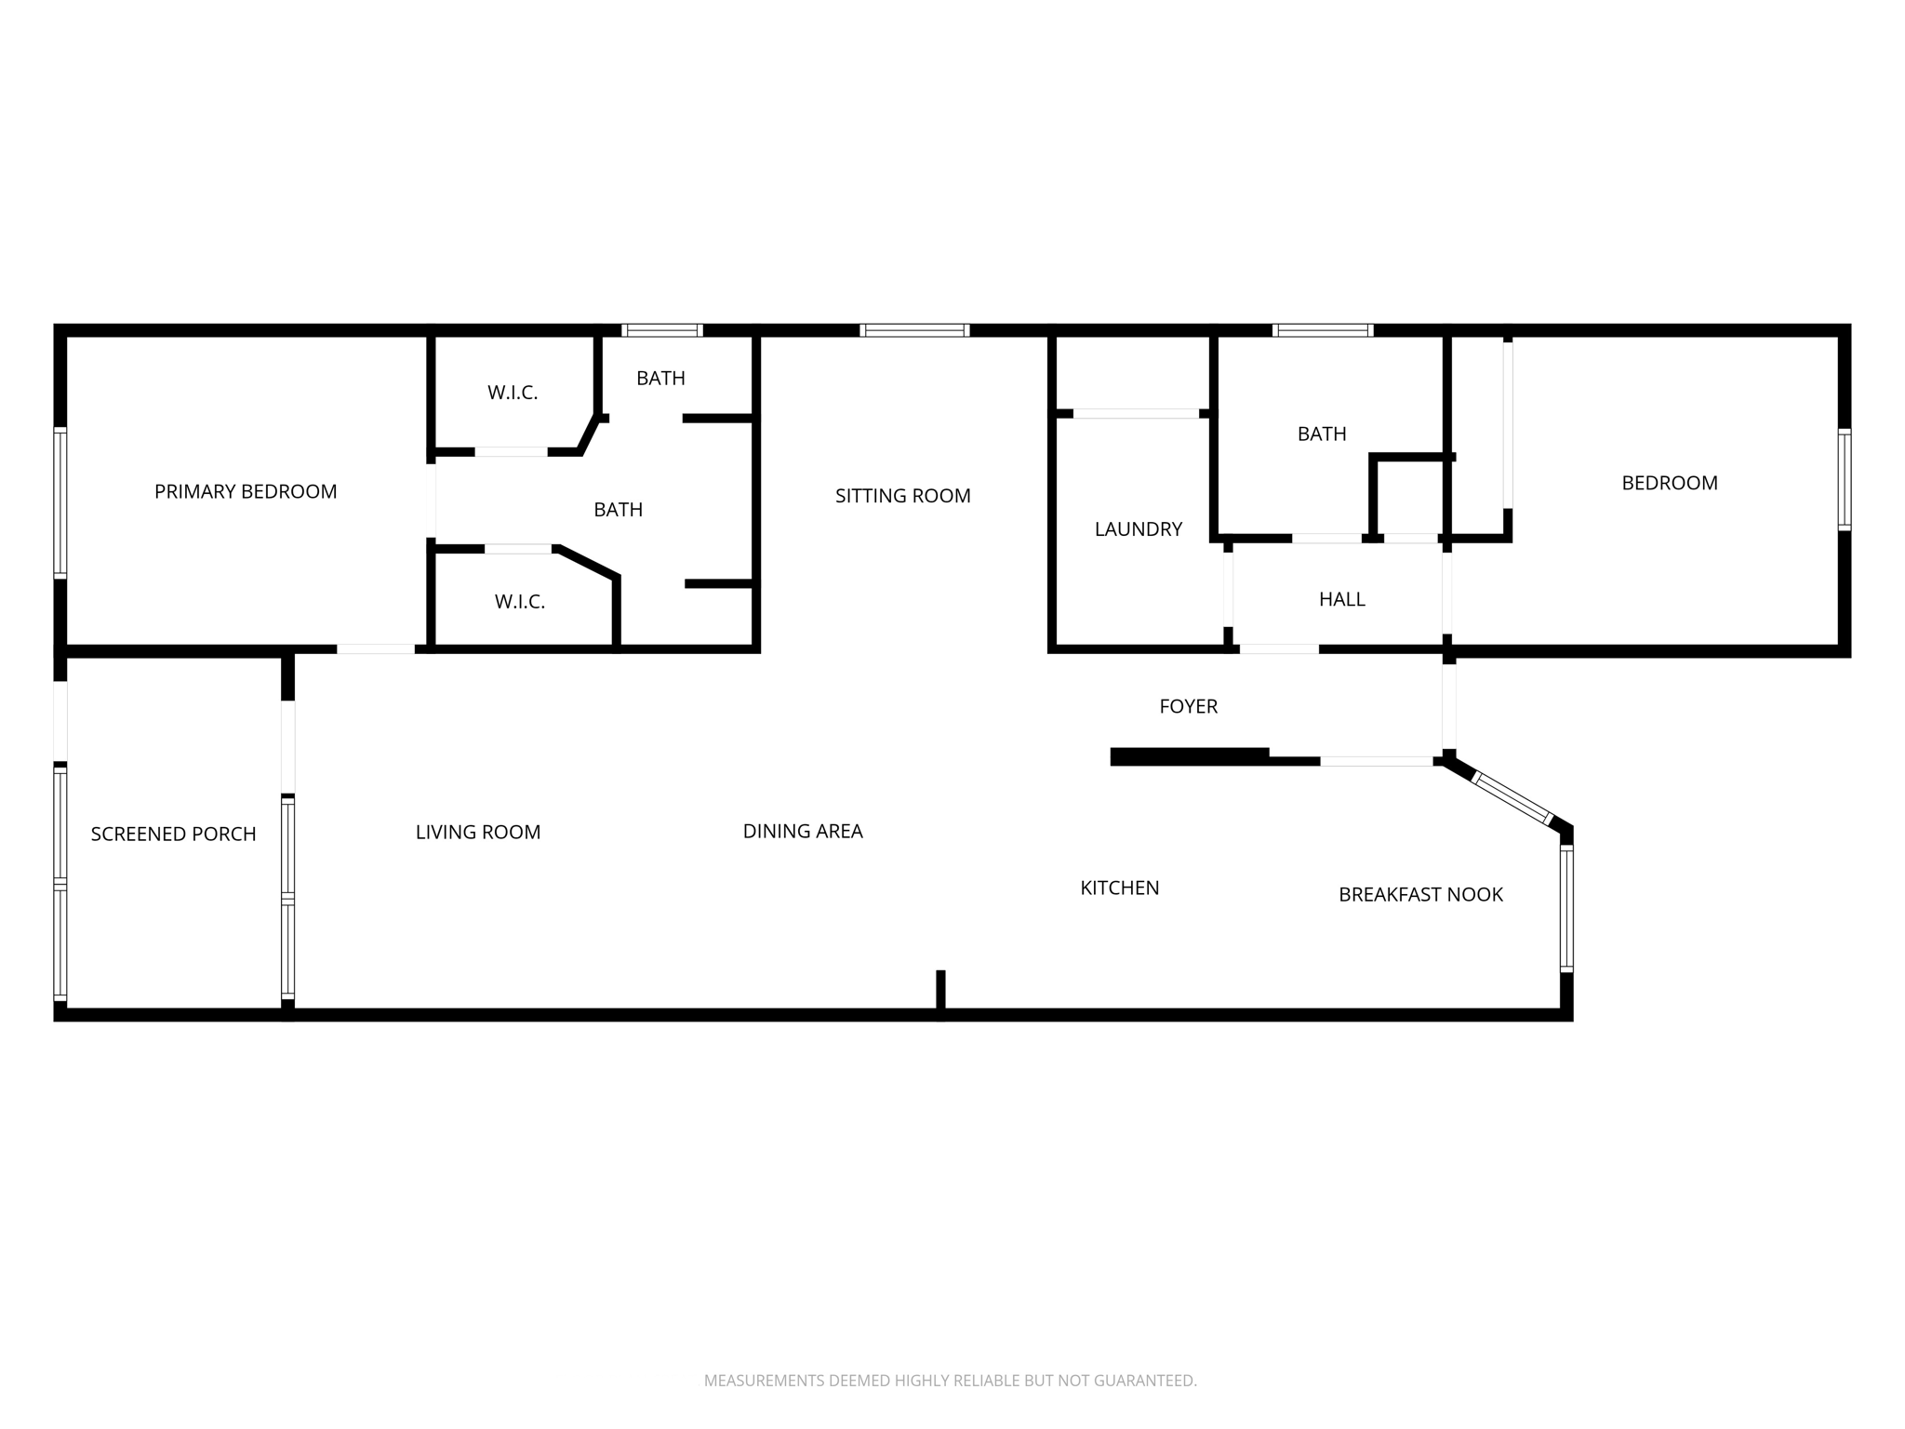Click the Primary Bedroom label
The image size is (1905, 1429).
pos(246,491)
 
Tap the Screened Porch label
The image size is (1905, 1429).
pos(173,834)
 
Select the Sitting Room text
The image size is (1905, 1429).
pos(902,496)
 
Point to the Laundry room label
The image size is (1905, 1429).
pos(1138,529)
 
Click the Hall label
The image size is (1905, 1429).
pos(1341,599)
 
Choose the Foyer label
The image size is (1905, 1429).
pos(1188,706)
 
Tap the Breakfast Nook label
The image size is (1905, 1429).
pos(1420,894)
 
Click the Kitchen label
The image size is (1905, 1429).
pos(1119,888)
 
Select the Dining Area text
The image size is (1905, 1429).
pos(802,831)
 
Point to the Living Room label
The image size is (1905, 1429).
pos(477,832)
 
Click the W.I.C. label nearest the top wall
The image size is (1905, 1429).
pos(513,393)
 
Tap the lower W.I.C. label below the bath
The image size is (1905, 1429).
pos(519,602)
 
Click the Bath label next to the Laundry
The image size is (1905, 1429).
pos(1322,434)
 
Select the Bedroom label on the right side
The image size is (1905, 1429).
pos(1669,483)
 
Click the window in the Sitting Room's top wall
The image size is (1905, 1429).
pos(914,330)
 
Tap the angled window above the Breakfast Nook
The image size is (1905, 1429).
pos(1513,797)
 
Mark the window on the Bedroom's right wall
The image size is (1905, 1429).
pos(1844,479)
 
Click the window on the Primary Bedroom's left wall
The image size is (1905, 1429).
pos(60,502)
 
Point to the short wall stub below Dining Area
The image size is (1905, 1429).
pos(940,991)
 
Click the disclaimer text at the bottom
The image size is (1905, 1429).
pos(950,1381)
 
